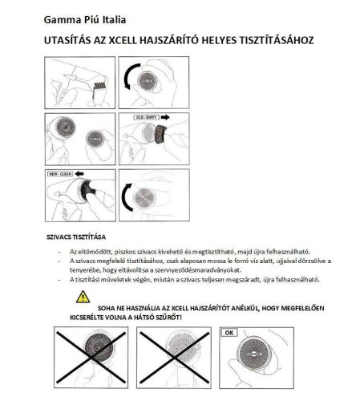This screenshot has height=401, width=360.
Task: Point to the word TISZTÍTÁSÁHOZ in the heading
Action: click(x=273, y=38)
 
